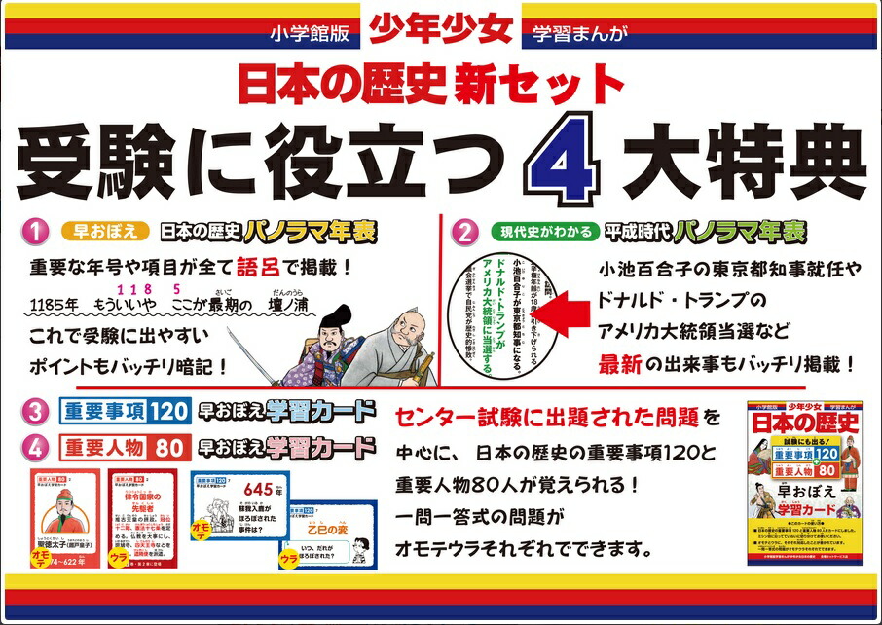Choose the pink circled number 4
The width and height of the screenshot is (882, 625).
[x=37, y=448]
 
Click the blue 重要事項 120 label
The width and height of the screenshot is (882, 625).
[x=123, y=410]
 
